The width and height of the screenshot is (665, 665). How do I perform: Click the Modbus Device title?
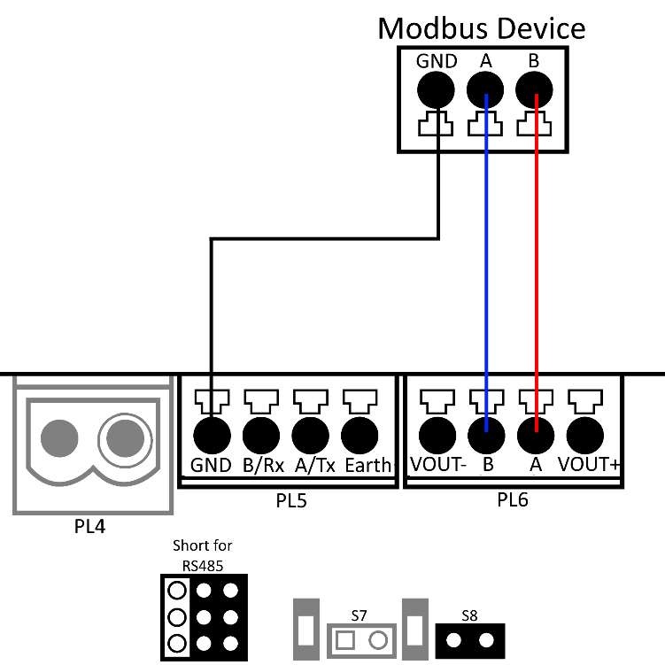coord(481,28)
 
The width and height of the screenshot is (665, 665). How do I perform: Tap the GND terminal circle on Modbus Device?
coord(436,89)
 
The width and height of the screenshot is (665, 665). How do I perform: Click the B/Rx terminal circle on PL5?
coord(261,436)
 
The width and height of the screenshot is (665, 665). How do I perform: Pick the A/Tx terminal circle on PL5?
coord(311,436)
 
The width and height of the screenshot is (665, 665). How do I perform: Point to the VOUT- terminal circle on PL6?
coord(436,436)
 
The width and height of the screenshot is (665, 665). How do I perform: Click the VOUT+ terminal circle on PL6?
coord(584,436)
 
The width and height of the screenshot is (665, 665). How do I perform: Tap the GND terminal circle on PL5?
coord(212,436)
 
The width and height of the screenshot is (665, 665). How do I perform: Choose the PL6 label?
coord(513,502)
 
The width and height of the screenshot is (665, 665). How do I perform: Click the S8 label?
coord(469,614)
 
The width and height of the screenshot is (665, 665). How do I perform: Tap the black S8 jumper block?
coord(469,638)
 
